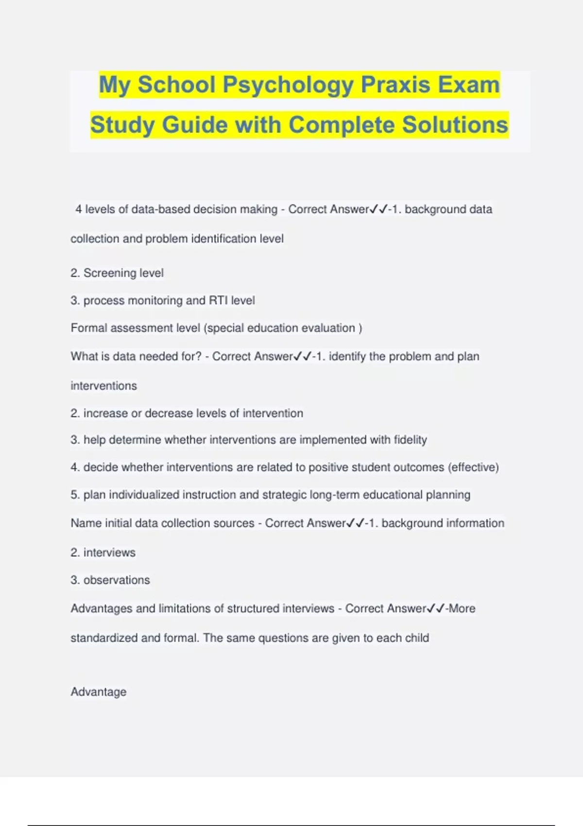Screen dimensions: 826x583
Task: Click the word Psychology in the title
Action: point(288,85)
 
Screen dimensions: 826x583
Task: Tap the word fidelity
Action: point(410,440)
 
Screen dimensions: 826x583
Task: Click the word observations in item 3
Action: point(117,580)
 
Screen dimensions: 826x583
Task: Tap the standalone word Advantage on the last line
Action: point(98,692)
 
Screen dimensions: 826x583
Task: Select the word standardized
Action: point(103,638)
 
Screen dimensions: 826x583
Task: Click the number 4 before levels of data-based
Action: point(78,209)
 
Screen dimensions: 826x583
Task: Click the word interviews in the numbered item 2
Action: point(109,553)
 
